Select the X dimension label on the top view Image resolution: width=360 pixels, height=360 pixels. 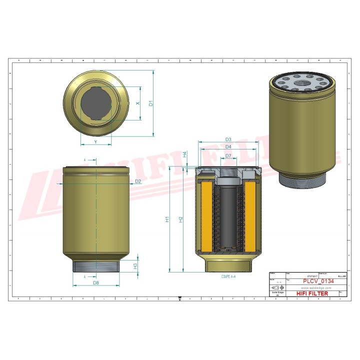click(137, 103)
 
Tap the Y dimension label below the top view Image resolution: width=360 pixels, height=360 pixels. click(95, 141)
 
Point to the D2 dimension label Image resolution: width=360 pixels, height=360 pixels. click(138, 180)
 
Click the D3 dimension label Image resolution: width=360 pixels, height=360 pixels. click(228, 139)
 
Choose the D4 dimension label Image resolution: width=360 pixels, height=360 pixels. click(228, 147)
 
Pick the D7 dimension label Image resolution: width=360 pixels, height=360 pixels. click(228, 156)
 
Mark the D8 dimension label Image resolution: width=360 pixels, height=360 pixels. click(95, 283)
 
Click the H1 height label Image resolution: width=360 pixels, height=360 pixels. click(167, 218)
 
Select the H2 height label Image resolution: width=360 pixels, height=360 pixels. click(181, 218)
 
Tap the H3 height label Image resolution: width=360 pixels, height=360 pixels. click(135, 266)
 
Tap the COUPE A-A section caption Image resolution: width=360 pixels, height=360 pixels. click(228, 276)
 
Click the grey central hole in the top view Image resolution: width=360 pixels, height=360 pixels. click(96, 103)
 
